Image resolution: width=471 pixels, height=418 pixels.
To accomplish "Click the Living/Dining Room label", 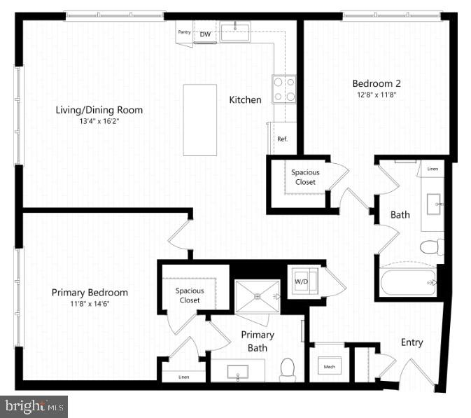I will (99, 110).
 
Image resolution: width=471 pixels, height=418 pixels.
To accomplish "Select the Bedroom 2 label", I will (376, 83).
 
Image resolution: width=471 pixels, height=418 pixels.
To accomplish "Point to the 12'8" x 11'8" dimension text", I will (376, 95).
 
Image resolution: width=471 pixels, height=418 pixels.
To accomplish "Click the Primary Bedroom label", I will (90, 292).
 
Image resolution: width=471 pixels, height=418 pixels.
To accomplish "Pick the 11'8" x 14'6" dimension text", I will (90, 304).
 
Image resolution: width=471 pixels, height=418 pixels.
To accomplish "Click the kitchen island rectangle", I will (199, 120).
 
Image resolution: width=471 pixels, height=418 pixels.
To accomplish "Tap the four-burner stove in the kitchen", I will (283, 89).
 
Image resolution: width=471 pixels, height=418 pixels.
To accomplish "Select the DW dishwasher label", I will (205, 34).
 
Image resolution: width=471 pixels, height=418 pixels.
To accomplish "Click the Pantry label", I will (184, 32).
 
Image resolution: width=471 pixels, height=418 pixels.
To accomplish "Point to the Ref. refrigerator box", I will (283, 139).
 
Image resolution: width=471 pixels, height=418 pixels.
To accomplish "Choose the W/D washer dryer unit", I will (302, 281).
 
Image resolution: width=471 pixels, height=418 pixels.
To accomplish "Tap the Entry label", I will (412, 342).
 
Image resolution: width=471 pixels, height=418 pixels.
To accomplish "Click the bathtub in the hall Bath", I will (408, 282).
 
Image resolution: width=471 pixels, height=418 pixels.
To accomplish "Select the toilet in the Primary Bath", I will (288, 369).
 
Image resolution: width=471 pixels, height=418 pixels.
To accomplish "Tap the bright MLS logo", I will (34, 405).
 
